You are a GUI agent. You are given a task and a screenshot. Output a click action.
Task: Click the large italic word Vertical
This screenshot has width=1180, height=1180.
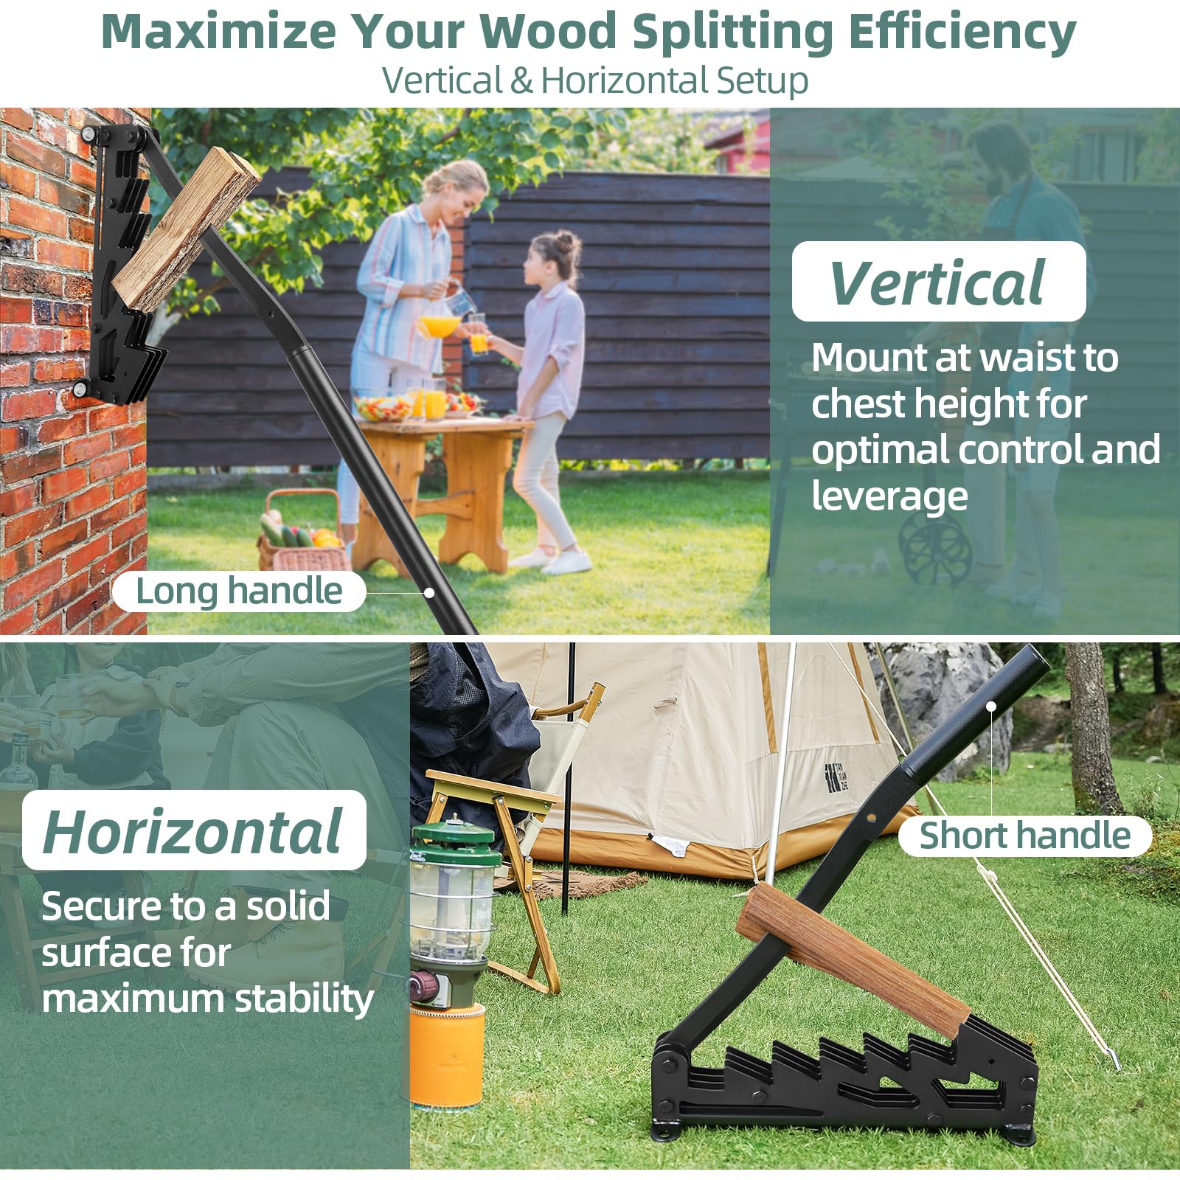pyautogui.click(x=937, y=282)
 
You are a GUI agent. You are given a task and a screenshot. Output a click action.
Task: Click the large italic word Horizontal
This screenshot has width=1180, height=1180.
pyautogui.click(x=193, y=831)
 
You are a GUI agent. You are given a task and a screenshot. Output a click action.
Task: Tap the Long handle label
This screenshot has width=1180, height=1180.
pyautogui.click(x=239, y=591)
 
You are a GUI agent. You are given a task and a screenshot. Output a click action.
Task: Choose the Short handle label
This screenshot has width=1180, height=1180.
pyautogui.click(x=1024, y=836)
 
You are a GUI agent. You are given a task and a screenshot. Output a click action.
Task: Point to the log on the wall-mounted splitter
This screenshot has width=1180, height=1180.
pyautogui.click(x=186, y=229)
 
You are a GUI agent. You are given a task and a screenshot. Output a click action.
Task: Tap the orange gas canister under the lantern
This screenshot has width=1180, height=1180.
pyautogui.click(x=447, y=1055)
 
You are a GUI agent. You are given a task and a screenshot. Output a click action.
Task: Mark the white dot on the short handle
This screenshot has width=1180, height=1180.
pyautogui.click(x=991, y=707)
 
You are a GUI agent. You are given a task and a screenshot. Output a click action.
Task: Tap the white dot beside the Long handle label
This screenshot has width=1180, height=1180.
pyautogui.click(x=429, y=592)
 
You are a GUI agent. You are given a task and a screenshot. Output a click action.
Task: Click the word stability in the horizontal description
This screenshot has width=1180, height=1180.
pyautogui.click(x=304, y=999)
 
